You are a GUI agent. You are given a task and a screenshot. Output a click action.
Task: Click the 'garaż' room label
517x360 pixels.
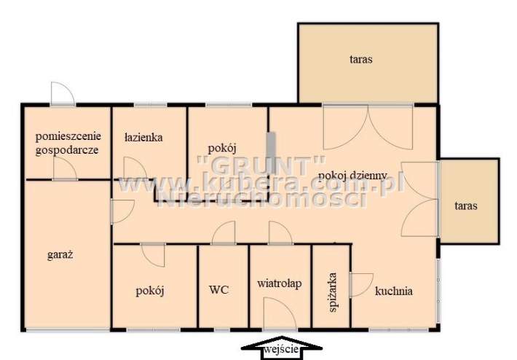[x=60, y=255]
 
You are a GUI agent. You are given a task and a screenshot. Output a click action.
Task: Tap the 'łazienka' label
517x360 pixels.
[x=143, y=137]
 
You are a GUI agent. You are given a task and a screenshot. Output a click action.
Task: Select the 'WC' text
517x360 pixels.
[x=219, y=290]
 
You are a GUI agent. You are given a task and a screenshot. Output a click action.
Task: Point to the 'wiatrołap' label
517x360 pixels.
[x=280, y=283]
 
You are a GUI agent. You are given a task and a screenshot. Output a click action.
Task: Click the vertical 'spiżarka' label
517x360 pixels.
[x=333, y=292]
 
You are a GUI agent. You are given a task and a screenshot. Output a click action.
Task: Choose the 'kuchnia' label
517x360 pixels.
[x=394, y=291]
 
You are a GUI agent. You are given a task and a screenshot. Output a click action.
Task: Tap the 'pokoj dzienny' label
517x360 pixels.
[x=352, y=176]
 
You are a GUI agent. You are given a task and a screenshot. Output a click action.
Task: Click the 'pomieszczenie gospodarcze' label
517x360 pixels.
[x=68, y=143]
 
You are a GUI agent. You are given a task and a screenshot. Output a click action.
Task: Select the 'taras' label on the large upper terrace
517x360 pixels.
[x=361, y=60]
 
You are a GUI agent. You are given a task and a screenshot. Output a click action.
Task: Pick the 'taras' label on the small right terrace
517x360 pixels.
[x=466, y=206]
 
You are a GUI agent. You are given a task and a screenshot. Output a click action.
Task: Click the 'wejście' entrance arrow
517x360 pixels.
[x=282, y=348]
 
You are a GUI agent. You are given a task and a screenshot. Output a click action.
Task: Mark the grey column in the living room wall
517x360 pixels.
[x=272, y=153]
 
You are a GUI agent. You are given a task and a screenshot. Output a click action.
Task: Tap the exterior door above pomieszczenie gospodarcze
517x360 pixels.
[x=63, y=93]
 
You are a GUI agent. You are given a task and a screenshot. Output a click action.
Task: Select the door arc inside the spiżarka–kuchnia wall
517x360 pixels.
[x=361, y=285]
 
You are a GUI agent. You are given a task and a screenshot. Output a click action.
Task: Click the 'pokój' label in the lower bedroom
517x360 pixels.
[x=150, y=291]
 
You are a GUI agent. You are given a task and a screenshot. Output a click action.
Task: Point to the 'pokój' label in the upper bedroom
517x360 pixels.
[x=222, y=148]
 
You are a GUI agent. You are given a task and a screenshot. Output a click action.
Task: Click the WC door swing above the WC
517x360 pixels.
[x=224, y=232]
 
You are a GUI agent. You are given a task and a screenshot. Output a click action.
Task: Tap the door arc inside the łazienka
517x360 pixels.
[x=135, y=168]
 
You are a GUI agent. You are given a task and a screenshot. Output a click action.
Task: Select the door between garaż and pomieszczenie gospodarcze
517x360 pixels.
[x=65, y=168]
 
